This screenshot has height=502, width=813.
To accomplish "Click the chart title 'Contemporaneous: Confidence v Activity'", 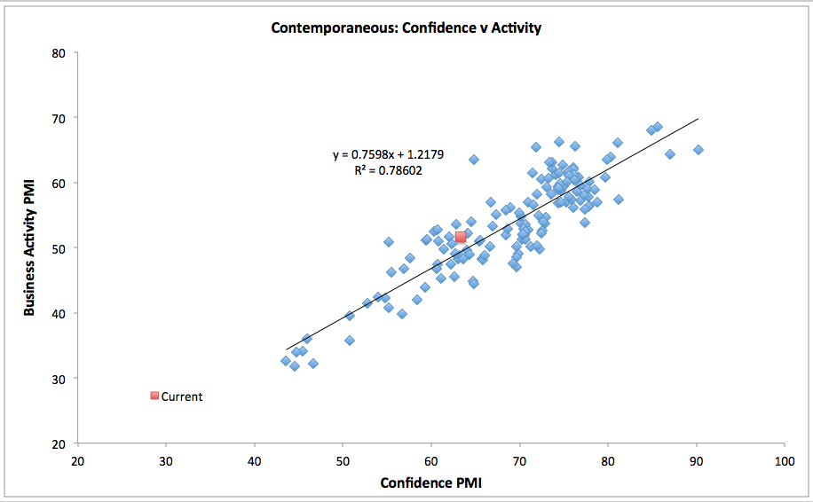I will (406, 27).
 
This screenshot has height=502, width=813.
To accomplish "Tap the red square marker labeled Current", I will (154, 396).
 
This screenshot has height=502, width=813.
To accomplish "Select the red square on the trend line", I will (461, 238).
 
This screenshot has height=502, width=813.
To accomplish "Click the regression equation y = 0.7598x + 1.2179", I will (388, 154).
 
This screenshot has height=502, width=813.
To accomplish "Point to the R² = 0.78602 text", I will (388, 170).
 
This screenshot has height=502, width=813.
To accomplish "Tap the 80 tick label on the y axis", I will (59, 52).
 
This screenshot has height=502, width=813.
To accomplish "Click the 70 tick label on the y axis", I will (59, 118).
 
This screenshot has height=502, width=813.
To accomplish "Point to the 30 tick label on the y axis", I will (59, 379).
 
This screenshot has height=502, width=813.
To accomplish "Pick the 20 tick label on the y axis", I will (59, 443).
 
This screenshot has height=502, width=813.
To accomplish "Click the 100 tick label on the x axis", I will (784, 461).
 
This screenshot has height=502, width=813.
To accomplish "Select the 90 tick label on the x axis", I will (696, 461).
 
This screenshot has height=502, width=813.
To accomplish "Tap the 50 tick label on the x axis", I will (343, 461).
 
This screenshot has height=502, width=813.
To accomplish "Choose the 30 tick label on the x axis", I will (166, 461).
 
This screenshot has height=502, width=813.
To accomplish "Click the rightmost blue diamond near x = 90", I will (699, 150).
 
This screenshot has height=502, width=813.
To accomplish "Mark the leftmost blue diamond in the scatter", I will (286, 361).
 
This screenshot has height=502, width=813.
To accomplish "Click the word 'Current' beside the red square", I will (182, 396).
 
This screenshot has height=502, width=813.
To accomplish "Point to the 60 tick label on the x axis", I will (431, 461).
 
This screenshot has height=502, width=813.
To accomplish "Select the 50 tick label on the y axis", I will (59, 248).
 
